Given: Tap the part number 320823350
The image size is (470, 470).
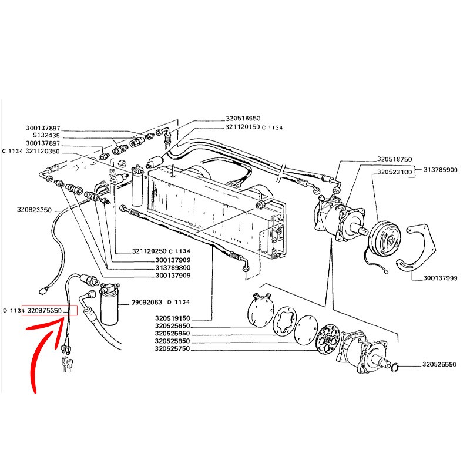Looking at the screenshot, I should (33, 210).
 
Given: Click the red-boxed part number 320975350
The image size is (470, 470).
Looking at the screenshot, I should (49, 310).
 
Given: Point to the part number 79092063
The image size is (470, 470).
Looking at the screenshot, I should (147, 303).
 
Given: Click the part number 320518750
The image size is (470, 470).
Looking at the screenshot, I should (395, 159).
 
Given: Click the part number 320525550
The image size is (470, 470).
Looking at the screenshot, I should (439, 365).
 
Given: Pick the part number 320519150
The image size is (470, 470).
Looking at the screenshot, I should (173, 318).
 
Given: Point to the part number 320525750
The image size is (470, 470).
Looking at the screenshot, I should (173, 349).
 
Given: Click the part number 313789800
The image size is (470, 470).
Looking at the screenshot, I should (173, 267).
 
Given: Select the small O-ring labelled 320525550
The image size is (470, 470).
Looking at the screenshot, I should (397, 367).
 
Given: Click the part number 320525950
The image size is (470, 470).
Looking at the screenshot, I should (173, 334).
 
